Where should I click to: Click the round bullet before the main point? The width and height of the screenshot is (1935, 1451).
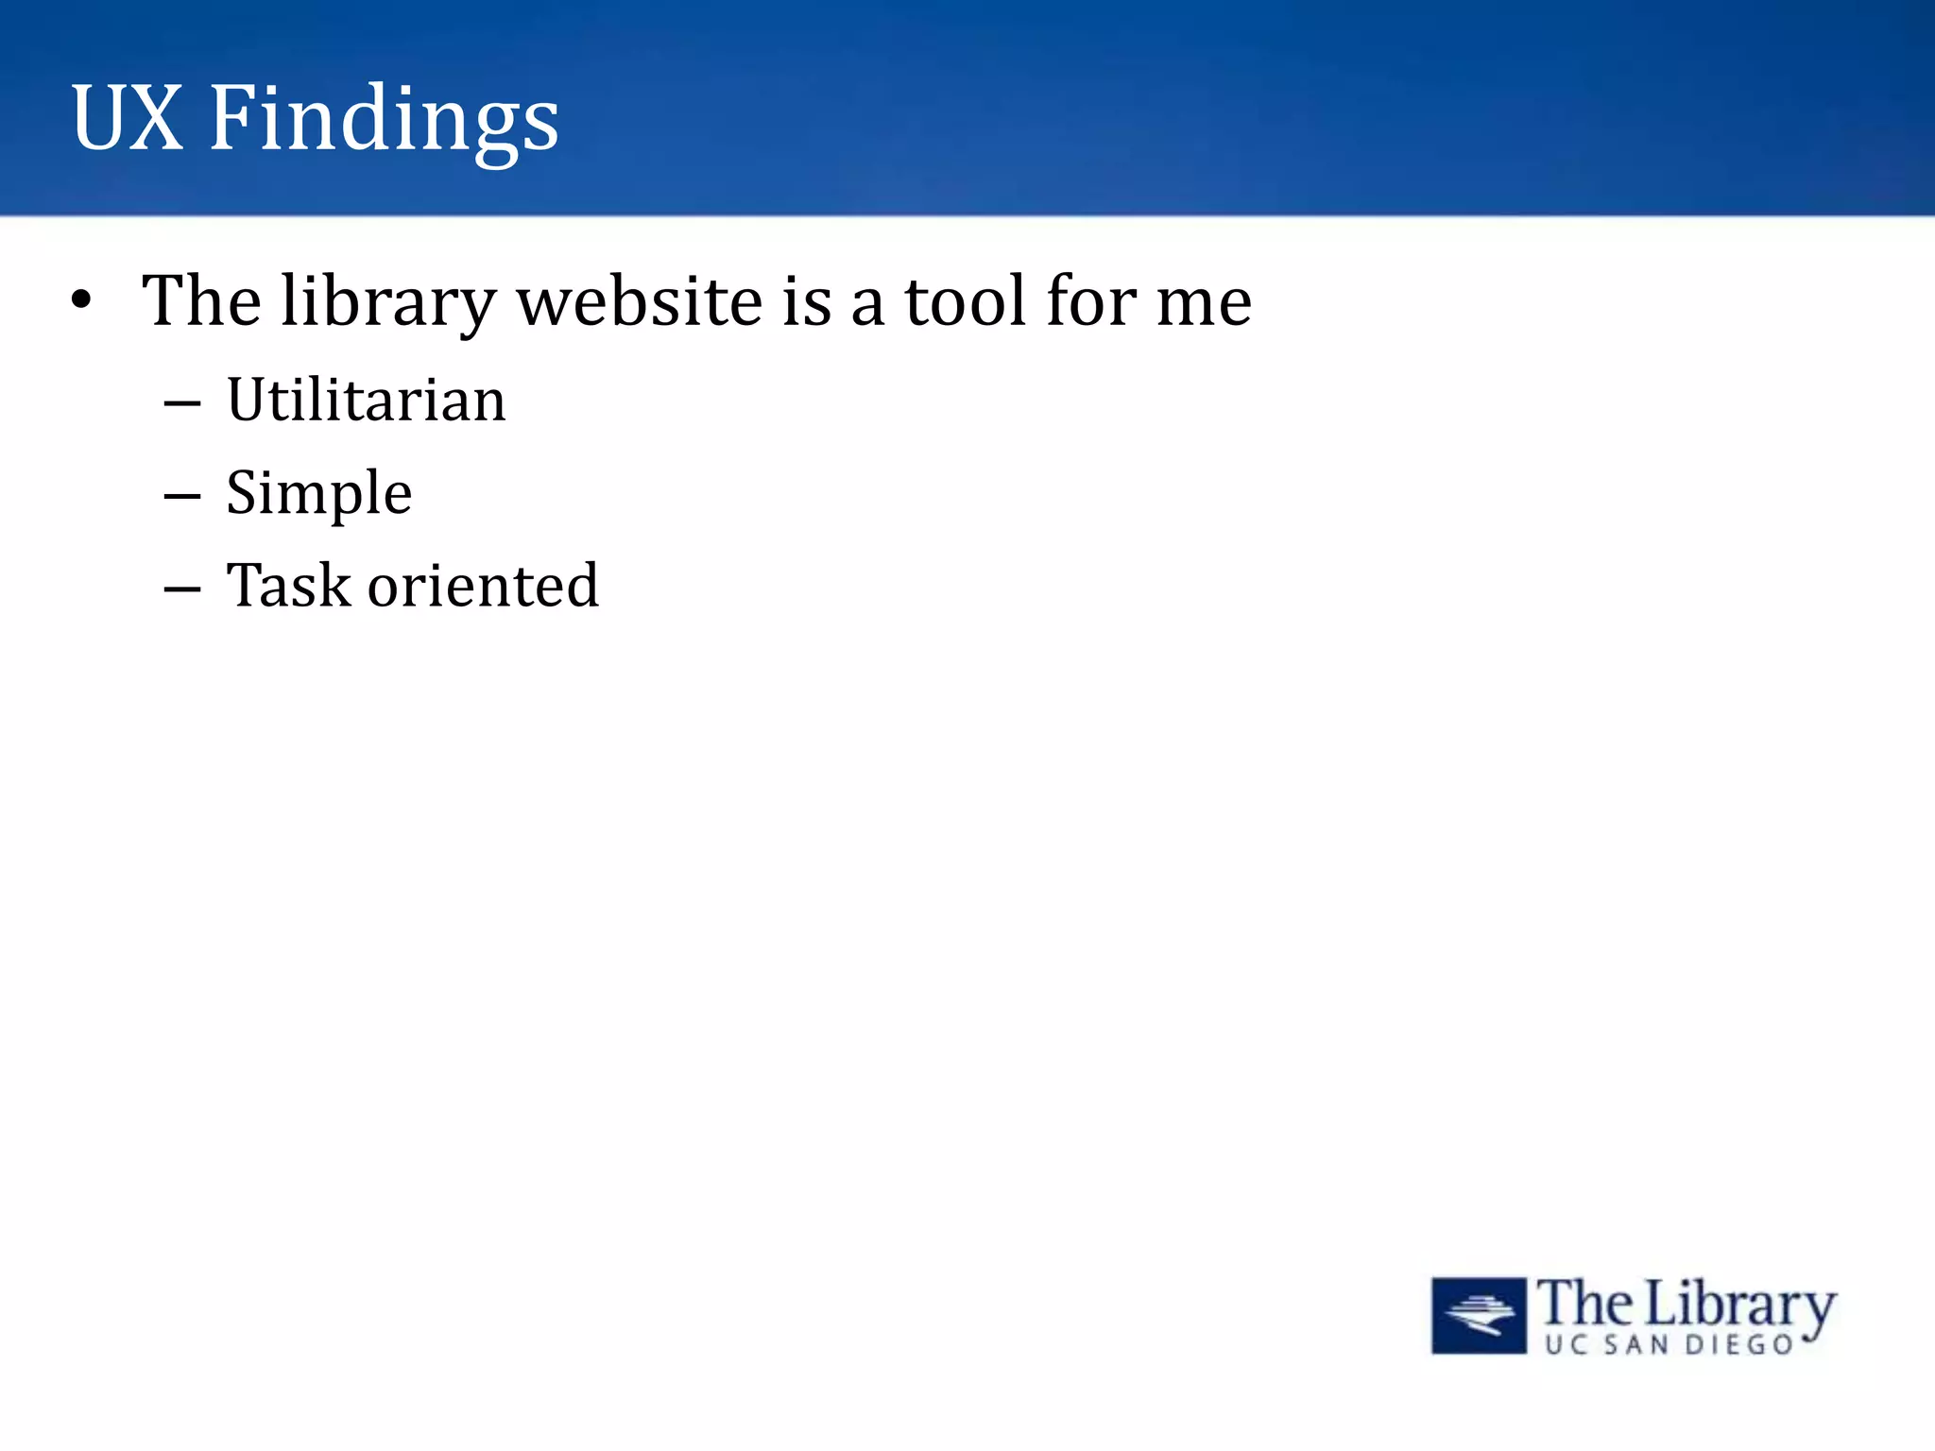point(82,300)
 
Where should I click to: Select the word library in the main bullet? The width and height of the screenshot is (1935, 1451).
point(388,302)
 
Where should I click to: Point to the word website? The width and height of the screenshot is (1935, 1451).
point(640,302)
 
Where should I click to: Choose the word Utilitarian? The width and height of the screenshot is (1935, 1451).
point(367,400)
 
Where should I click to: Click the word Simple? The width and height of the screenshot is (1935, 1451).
point(318,493)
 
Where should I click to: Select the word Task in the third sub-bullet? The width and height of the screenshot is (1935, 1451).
point(288,585)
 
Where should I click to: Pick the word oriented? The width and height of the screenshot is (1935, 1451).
point(483,585)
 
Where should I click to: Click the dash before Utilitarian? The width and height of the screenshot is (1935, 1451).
point(181,403)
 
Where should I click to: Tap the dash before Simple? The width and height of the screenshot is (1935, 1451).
point(181,496)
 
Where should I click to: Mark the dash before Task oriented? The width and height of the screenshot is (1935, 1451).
point(181,589)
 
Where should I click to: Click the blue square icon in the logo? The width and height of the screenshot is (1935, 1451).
point(1479,1315)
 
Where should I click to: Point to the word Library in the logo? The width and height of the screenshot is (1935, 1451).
point(1740,1306)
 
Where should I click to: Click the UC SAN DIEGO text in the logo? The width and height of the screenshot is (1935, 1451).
point(1670,1344)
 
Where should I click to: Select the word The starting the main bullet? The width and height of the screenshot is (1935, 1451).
point(201,302)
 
